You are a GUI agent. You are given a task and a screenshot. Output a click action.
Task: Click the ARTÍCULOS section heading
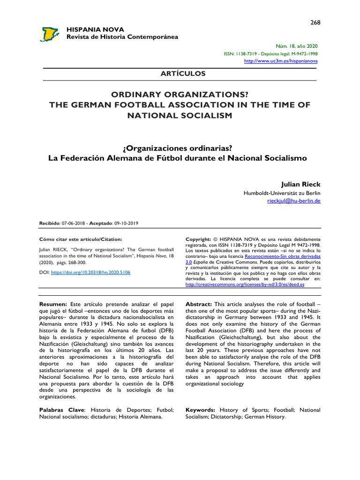[x=180, y=74]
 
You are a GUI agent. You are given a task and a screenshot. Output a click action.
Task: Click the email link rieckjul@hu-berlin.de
[x=293, y=201]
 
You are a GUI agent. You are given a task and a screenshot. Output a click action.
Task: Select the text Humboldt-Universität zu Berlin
[x=282, y=193]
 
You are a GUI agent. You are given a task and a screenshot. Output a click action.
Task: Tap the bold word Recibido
[x=49, y=224]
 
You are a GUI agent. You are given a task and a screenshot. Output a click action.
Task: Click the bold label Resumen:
[x=53, y=304]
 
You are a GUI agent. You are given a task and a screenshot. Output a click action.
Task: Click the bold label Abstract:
[x=199, y=304]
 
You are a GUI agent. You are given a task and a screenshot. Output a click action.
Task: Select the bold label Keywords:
[x=201, y=410]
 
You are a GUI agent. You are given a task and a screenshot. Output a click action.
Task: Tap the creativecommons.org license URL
[x=245, y=285]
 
